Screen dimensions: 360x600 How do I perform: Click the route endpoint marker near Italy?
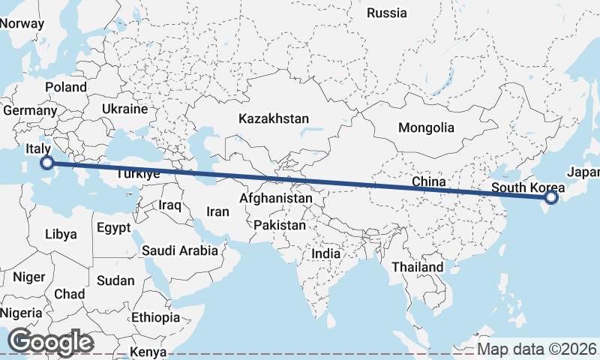click(46, 163)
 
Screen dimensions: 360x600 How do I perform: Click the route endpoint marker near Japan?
click(552, 197)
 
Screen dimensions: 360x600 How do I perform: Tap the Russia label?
click(387, 13)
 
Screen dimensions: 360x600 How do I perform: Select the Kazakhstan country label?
click(274, 118)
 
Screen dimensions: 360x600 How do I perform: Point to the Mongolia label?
click(426, 127)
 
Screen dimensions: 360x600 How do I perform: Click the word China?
click(429, 181)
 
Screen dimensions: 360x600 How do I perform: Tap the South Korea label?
click(523, 187)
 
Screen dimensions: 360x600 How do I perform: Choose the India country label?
click(325, 253)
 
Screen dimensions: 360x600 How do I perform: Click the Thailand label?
click(418, 266)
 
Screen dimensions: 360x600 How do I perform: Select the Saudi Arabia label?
click(179, 250)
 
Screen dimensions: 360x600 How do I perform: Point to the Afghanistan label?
click(275, 199)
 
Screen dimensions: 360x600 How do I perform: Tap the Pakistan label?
click(280, 225)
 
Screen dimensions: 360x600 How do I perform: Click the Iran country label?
click(217, 211)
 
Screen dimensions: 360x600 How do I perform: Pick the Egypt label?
click(114, 227)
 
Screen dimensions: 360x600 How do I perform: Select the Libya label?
click(61, 234)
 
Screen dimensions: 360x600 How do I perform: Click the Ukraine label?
click(125, 109)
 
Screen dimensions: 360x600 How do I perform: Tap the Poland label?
click(66, 87)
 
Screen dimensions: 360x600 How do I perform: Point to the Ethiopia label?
click(155, 317)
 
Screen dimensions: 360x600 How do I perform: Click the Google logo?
click(50, 342)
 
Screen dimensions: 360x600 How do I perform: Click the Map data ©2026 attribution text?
click(536, 349)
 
